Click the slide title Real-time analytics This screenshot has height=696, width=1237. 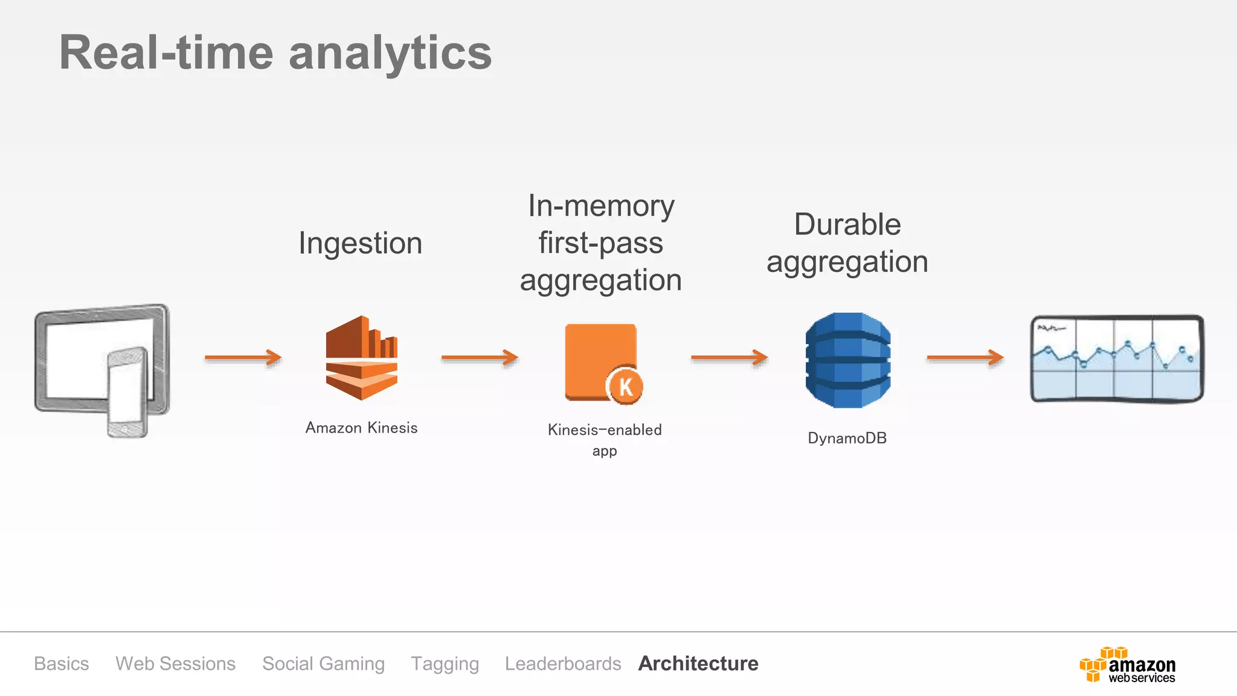275,53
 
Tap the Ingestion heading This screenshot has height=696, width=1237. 361,243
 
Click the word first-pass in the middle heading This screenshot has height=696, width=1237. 601,243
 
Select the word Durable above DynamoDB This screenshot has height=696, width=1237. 847,224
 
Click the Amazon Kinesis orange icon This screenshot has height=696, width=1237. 361,358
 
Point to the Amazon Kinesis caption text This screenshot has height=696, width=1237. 361,428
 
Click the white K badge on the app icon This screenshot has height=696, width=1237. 626,387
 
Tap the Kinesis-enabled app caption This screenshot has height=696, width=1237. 605,439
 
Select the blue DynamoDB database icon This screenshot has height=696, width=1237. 848,360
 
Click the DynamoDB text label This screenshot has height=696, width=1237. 847,438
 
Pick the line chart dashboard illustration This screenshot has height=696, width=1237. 1117,359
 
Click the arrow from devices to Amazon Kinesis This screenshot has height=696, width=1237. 243,358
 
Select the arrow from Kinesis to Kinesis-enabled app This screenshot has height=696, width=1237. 480,358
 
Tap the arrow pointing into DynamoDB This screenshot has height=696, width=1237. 729,358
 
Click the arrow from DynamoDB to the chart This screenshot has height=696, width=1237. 965,358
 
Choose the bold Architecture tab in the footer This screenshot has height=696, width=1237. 698,663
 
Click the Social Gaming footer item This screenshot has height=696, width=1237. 323,663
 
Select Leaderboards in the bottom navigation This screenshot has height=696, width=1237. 563,663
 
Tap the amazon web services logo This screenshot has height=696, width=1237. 1127,665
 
